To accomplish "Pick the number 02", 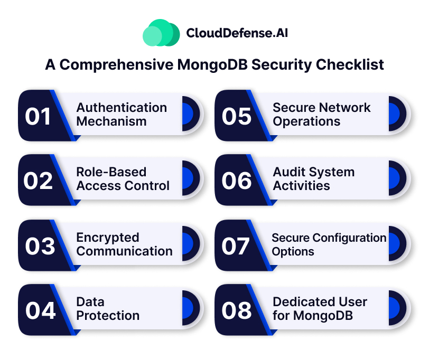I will pos(38,181).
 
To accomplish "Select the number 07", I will pos(236,245).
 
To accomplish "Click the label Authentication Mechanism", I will pos(122,114).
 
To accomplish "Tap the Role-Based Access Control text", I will pos(123,179).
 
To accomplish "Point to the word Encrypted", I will pos(108,238).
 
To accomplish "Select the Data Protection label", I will pos(108,309).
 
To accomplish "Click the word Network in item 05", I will pos(346,108).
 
